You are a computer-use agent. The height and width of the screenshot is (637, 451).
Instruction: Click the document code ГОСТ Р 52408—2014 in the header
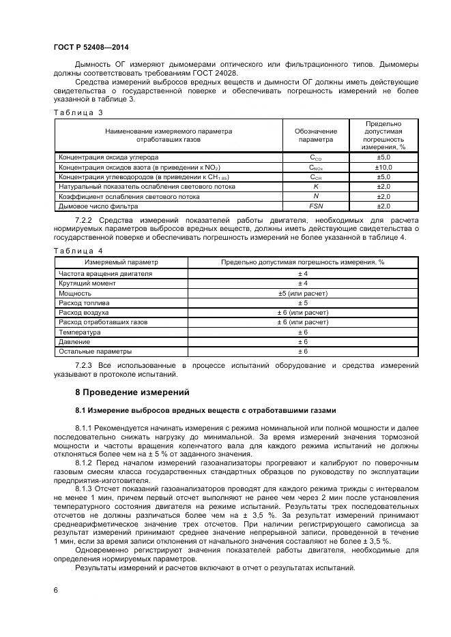(x=91, y=47)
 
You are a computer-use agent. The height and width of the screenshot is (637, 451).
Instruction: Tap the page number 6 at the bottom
(x=55, y=591)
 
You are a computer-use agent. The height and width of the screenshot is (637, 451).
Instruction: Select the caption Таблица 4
(x=78, y=251)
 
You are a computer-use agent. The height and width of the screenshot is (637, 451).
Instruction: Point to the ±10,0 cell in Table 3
(x=383, y=167)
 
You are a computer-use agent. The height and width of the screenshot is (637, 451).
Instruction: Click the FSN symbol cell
(x=316, y=206)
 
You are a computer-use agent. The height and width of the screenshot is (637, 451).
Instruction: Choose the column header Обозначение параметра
(x=316, y=136)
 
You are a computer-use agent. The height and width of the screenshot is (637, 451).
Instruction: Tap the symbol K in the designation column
(x=316, y=186)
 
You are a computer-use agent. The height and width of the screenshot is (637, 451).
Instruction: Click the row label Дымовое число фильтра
(x=98, y=206)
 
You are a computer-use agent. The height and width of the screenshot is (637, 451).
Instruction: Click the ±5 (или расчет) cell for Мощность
(x=302, y=293)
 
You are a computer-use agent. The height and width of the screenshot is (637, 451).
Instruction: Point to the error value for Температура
(x=302, y=332)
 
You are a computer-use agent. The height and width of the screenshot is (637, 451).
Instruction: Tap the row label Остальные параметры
(x=95, y=352)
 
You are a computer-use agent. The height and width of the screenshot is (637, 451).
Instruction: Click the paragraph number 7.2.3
(x=87, y=366)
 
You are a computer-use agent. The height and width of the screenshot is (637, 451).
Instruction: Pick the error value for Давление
(x=302, y=341)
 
